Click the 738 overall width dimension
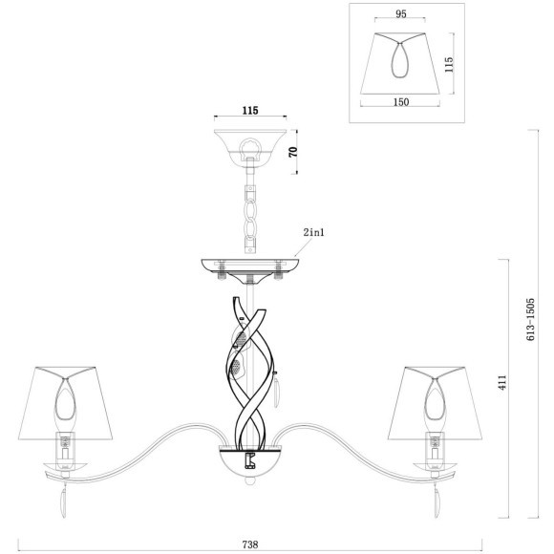click(x=250, y=544)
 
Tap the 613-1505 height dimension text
click(x=531, y=319)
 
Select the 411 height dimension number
click(x=502, y=382)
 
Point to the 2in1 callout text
click(x=313, y=232)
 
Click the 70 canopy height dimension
click(x=293, y=152)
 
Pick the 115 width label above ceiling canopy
click(x=250, y=110)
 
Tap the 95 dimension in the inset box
click(x=400, y=13)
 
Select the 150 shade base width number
click(x=400, y=102)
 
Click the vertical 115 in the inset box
click(x=448, y=64)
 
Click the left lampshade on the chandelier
click(x=65, y=403)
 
